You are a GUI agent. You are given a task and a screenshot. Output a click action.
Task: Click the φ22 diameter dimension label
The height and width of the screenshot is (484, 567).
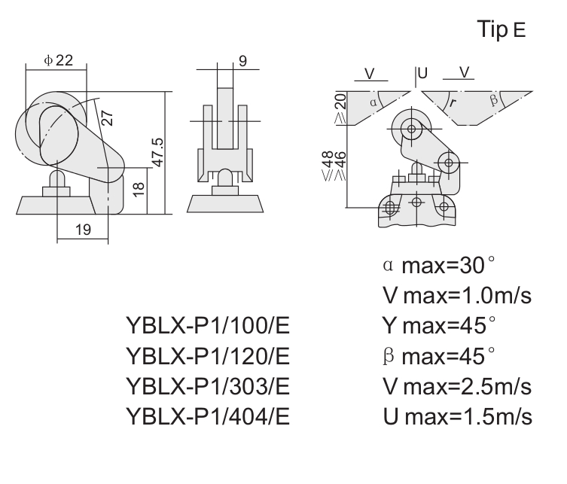pos(59,60)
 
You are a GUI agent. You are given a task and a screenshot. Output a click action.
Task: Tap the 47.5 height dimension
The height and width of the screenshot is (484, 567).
pos(158,152)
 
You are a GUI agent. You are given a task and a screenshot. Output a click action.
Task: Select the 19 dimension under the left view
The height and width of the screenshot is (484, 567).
pos(83,230)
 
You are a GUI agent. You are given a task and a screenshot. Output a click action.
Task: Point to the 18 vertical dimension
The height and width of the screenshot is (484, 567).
pos(139,190)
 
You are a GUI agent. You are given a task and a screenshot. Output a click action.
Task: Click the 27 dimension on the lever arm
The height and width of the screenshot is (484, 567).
pos(107,118)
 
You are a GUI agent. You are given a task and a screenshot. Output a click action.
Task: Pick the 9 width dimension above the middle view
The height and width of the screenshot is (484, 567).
pos(242,61)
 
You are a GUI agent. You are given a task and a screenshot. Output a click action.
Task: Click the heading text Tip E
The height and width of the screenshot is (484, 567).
pos(501,29)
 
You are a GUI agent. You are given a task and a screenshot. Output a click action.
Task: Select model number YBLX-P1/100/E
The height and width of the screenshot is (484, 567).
pos(208,325)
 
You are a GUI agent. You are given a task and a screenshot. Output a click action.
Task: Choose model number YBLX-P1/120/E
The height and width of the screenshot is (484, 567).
pos(208,356)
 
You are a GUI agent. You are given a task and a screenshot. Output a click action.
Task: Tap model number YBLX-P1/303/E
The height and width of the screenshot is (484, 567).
pos(208,386)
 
